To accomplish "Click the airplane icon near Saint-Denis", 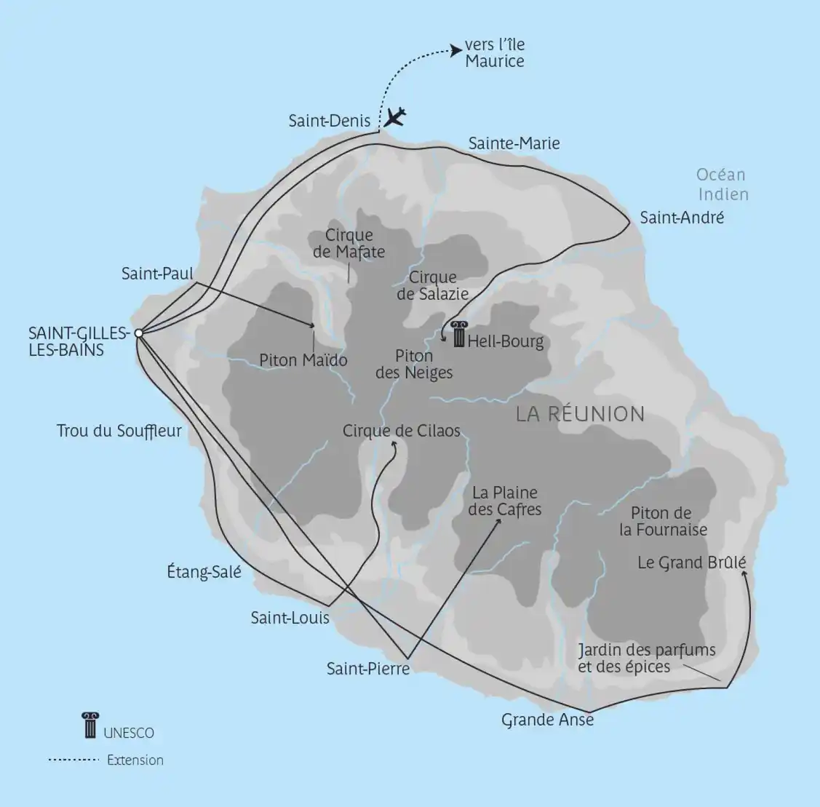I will coord(395,116).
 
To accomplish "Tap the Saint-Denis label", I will coord(330,121).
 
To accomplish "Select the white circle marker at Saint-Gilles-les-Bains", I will coord(138,334).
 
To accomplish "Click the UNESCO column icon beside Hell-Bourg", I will coord(458,334).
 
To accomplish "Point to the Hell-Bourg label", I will coord(506,341).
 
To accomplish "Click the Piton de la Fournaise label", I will coord(663,521).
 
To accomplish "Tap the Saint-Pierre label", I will coord(368,668).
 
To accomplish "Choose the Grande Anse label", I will coord(547,720).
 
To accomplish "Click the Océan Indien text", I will coord(722,184).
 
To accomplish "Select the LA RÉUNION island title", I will coord(580,414).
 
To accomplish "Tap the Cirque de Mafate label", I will coord(349,244).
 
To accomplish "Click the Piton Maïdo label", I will coord(303,360).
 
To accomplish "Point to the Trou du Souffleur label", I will coord(119,431).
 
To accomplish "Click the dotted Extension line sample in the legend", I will coord(73,760).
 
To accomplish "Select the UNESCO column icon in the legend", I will coord(89,725).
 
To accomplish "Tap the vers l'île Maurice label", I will coord(495,53).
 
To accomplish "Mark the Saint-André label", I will coord(682,217).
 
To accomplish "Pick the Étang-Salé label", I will coord(204,572).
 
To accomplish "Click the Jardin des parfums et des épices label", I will coord(646,658).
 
